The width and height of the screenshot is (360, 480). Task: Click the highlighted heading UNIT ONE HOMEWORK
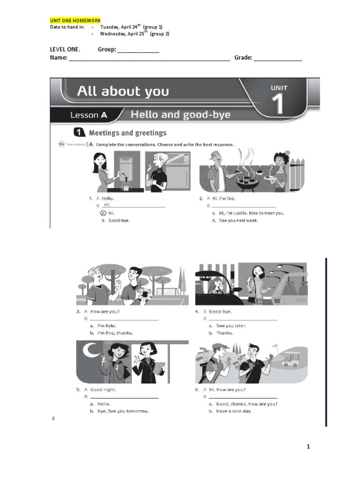[x=75, y=21]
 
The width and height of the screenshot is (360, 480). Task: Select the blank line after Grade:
[x=278, y=59]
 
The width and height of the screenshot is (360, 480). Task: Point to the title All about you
[x=123, y=91]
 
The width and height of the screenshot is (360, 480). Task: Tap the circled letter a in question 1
[x=96, y=213]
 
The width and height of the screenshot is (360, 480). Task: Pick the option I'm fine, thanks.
[x=115, y=333]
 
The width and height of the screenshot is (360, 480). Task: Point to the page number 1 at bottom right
[x=308, y=447]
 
